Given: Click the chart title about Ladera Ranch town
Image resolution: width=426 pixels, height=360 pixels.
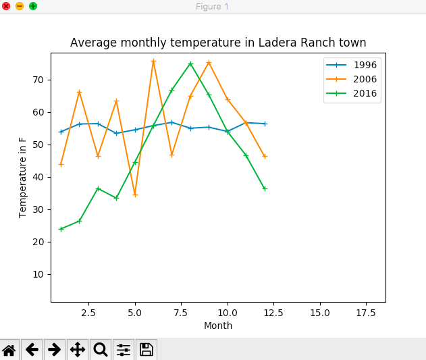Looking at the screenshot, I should [x=218, y=43].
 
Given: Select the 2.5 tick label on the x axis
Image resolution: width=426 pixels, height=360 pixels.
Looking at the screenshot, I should [x=88, y=313].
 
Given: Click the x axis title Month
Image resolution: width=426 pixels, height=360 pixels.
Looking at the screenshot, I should [x=218, y=326].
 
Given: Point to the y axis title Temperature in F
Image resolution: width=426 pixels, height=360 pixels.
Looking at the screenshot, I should [x=23, y=177].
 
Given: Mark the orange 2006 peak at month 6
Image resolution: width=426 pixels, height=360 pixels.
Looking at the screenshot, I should [x=153, y=61].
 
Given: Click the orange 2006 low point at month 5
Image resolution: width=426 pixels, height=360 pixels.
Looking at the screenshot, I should [x=135, y=195].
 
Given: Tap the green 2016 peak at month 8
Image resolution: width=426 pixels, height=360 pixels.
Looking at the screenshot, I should [x=190, y=63].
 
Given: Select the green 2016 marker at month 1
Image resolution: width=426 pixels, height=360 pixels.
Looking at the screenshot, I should [x=61, y=229].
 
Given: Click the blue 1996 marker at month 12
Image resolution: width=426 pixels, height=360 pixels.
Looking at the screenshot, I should [x=265, y=124].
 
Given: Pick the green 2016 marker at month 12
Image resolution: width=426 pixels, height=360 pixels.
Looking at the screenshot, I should [x=265, y=188].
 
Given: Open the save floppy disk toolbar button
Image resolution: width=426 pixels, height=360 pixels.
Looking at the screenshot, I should [x=147, y=349].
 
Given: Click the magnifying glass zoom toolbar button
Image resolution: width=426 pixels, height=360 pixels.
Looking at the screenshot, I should [x=101, y=349].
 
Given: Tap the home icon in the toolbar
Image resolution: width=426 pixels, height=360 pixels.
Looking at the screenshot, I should [x=9, y=349].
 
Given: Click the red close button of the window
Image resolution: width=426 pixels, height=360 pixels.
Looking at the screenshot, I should [x=6, y=6].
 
